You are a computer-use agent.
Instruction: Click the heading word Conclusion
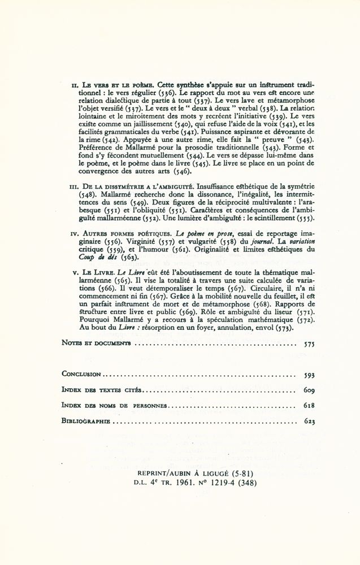pos(82,374)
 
